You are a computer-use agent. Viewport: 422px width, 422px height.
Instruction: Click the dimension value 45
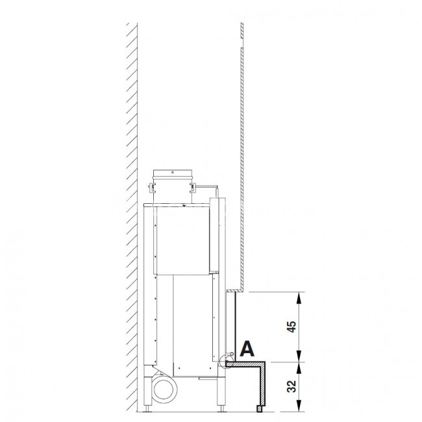tap(292, 327)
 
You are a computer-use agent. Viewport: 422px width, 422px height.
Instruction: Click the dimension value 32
tap(292, 386)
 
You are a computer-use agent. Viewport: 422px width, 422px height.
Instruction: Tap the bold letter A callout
tap(247, 349)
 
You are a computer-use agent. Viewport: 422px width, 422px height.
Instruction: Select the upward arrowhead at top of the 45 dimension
tap(299, 297)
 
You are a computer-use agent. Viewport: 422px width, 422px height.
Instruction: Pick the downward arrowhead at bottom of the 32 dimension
tap(299, 406)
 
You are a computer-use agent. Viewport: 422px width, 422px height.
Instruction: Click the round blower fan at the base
tap(164, 390)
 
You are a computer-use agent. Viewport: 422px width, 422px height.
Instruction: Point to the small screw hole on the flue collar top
tap(173, 172)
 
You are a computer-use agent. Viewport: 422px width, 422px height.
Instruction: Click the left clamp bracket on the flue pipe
tap(152, 188)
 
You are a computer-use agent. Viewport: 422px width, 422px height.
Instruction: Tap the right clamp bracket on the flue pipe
tap(193, 188)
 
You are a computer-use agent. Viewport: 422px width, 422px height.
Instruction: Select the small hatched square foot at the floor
tap(259, 409)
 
